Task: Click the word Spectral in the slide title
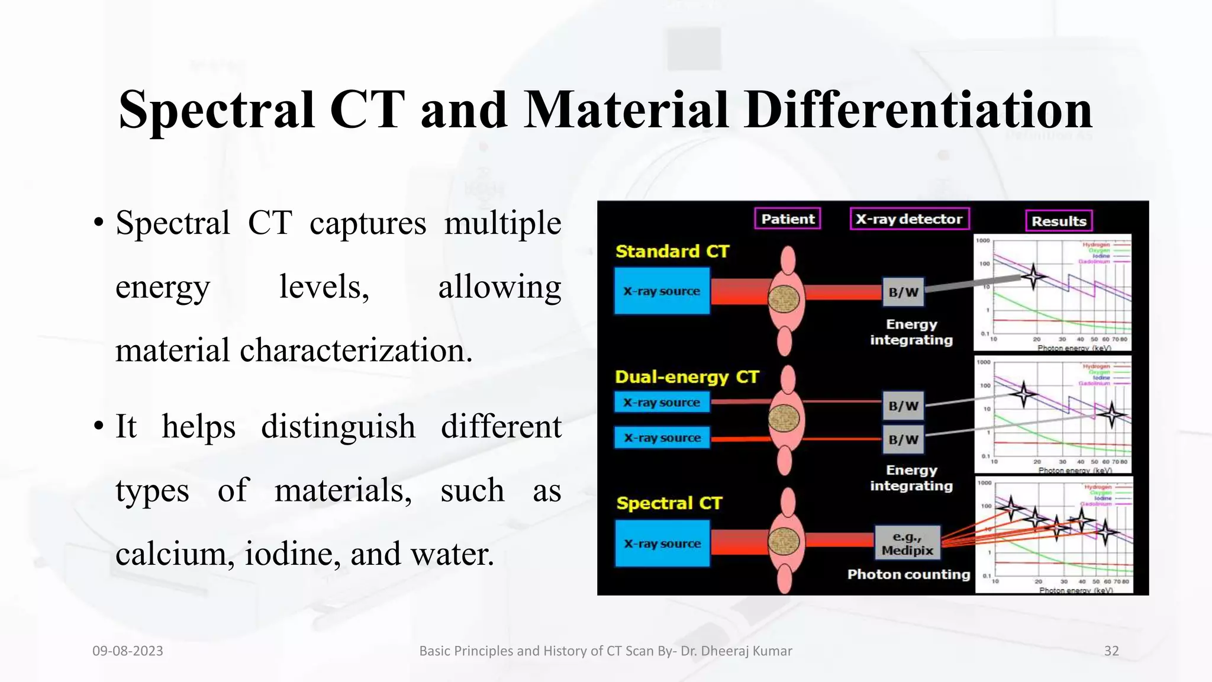coord(216,111)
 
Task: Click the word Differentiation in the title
coord(918,111)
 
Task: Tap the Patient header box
coord(787,219)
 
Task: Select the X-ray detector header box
coord(909,219)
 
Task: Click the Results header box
coord(1058,221)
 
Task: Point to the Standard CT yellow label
coord(672,252)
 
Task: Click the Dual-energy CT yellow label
coord(686,377)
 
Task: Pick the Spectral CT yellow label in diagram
coord(669,503)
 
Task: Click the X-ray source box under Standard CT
coord(662,291)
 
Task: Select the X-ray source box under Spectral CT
coord(662,543)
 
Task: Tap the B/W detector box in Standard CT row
coord(903,292)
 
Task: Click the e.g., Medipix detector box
coord(907,543)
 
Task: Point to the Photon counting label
coord(908,574)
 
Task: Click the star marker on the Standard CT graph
coord(1033,276)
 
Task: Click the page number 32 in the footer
coord(1111,651)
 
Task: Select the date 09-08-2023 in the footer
coord(128,651)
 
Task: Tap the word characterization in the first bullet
coord(355,350)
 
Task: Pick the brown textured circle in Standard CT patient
coord(784,299)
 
